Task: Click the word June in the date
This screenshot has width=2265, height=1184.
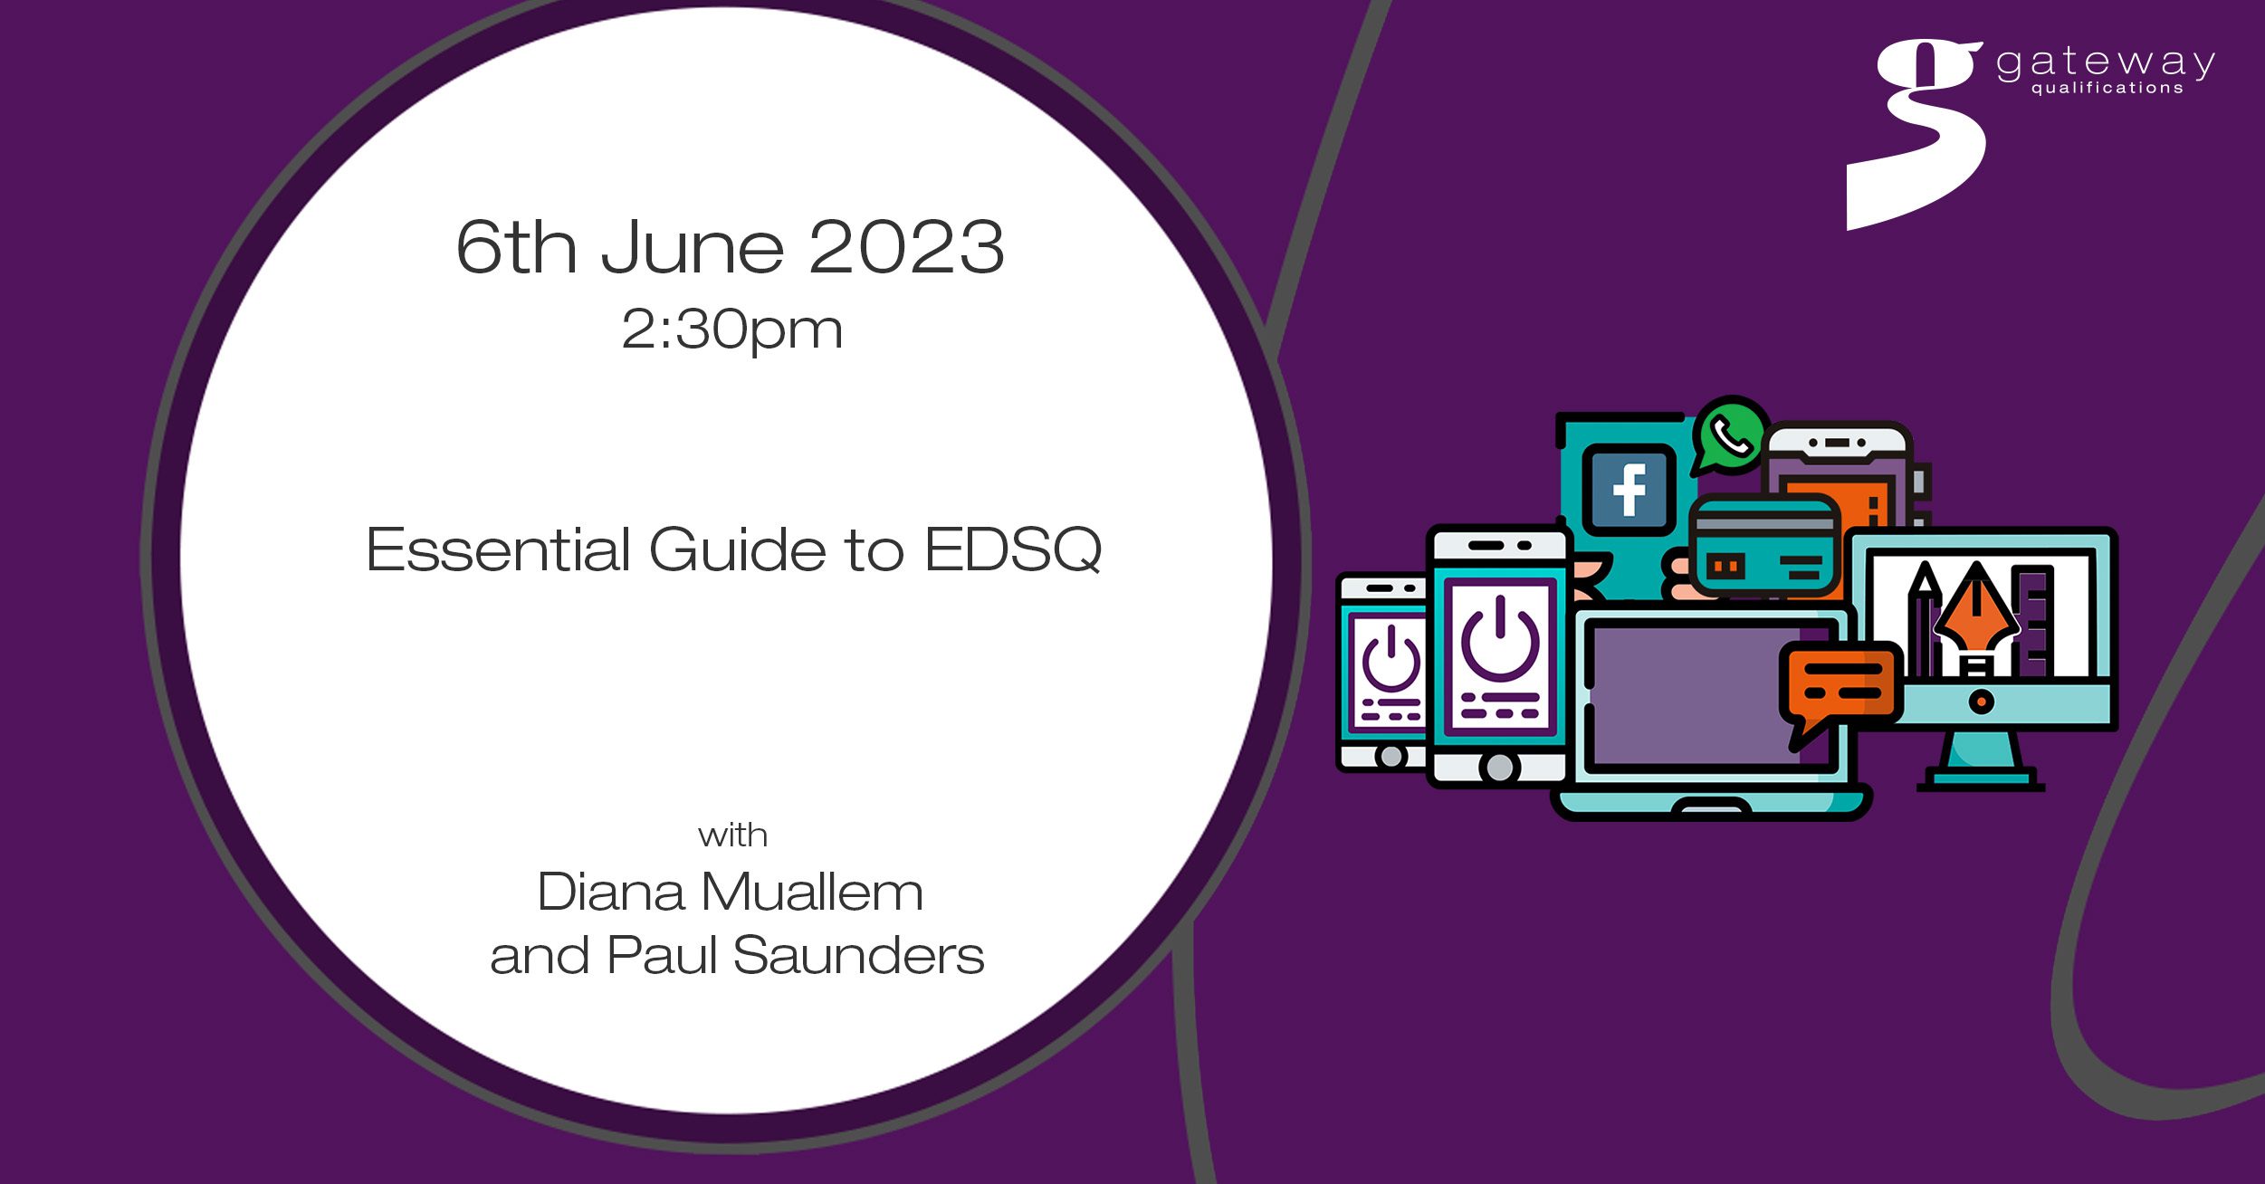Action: [693, 246]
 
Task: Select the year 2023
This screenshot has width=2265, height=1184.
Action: [906, 246]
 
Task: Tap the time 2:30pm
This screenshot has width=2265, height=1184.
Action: [731, 329]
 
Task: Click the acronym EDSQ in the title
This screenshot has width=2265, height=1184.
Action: [1013, 549]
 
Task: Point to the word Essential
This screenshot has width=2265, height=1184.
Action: [499, 549]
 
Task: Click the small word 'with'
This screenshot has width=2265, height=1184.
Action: [732, 835]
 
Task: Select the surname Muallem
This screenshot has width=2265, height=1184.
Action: [812, 892]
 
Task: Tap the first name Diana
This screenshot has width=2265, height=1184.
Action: [610, 892]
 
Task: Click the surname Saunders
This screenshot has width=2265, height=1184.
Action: [858, 956]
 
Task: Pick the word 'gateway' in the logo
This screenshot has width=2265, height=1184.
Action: [2106, 62]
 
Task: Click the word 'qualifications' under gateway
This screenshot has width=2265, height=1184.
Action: [2107, 88]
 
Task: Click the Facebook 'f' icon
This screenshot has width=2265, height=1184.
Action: [1629, 490]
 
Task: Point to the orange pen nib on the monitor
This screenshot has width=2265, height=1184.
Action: [1976, 619]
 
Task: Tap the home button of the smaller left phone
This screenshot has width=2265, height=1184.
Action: [1391, 756]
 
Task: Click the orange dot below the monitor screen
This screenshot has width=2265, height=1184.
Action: [1982, 702]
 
